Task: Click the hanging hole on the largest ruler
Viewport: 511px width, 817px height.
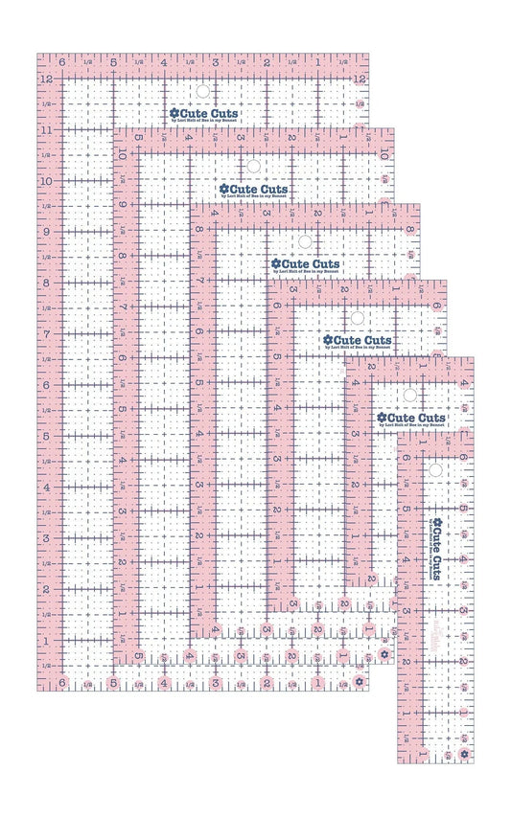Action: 202,92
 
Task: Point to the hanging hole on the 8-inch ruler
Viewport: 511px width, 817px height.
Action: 305,241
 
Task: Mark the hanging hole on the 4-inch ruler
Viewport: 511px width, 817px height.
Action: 408,394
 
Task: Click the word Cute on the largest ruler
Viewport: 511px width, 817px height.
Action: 193,113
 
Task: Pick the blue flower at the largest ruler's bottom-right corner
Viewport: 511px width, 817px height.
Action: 359,682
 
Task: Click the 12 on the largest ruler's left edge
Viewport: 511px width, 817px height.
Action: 45,79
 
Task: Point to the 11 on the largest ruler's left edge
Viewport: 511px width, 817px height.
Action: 45,129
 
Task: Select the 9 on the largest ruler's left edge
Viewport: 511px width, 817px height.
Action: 45,232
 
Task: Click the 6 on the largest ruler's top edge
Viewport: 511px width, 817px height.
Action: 62,62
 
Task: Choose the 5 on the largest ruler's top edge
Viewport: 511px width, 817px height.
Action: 114,62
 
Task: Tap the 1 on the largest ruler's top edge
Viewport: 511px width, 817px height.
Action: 317,62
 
